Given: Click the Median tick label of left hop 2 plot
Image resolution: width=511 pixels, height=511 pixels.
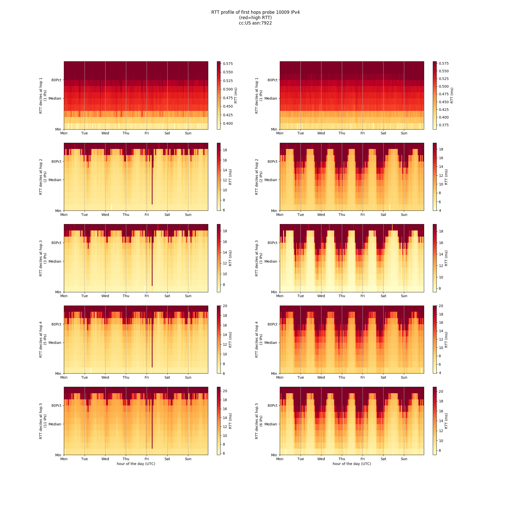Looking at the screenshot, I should coord(55,180).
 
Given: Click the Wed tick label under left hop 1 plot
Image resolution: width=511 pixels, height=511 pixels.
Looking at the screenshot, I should coord(105,133).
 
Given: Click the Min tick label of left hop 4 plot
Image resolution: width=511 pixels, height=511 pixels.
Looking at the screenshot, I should coord(58,374).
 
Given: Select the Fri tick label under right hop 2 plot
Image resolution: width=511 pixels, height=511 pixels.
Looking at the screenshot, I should coord(363,215).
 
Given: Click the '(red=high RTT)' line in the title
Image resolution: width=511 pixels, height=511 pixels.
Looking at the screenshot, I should coord(255,18).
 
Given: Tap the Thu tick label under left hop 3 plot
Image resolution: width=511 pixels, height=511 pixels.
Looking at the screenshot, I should coord(126,296).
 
